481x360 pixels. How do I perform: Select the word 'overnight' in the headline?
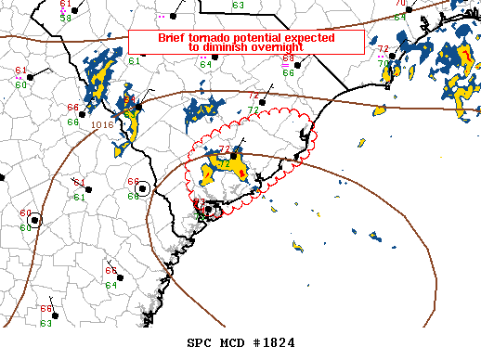pyautogui.click(x=276, y=47)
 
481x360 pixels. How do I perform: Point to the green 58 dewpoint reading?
pyautogui.click(x=66, y=18)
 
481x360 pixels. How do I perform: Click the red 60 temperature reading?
pyautogui.click(x=25, y=213)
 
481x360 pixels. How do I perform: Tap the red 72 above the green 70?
pyautogui.click(x=383, y=48)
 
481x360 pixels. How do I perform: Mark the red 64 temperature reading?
pyautogui.click(x=110, y=269)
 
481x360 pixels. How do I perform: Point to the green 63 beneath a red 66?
pyautogui.click(x=45, y=323)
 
